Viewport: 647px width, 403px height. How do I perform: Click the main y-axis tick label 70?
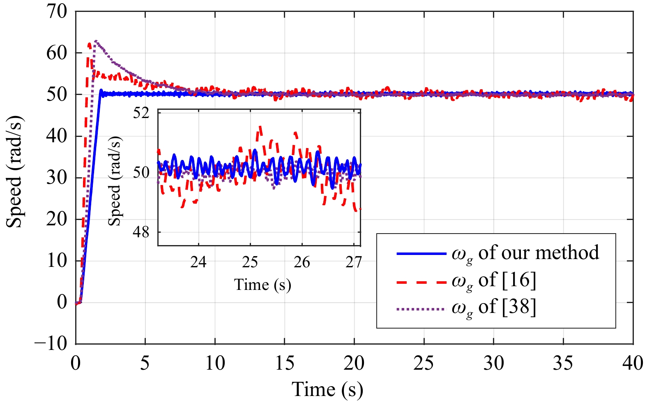(56, 12)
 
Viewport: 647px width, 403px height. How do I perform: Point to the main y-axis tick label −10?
(51, 343)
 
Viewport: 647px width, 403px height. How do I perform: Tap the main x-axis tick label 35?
(563, 363)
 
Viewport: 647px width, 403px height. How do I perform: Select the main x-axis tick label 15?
(284, 363)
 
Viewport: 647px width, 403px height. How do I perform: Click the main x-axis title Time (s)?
(327, 389)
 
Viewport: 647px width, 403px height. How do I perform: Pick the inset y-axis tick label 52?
(141, 113)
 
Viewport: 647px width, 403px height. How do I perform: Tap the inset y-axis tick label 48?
(141, 232)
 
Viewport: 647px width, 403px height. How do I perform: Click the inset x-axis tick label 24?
(198, 262)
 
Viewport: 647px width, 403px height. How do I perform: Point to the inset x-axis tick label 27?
(353, 262)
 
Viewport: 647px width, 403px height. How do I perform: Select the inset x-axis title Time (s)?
(262, 285)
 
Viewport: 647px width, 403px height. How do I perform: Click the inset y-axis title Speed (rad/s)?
(115, 181)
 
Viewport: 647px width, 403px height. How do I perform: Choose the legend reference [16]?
(519, 280)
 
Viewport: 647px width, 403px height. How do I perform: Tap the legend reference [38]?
(519, 307)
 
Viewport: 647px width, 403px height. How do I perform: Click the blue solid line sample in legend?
(421, 254)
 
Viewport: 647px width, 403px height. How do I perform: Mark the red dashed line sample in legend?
(421, 282)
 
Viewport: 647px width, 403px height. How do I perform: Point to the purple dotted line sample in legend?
(421, 309)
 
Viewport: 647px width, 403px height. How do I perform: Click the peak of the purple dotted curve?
(96, 41)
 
